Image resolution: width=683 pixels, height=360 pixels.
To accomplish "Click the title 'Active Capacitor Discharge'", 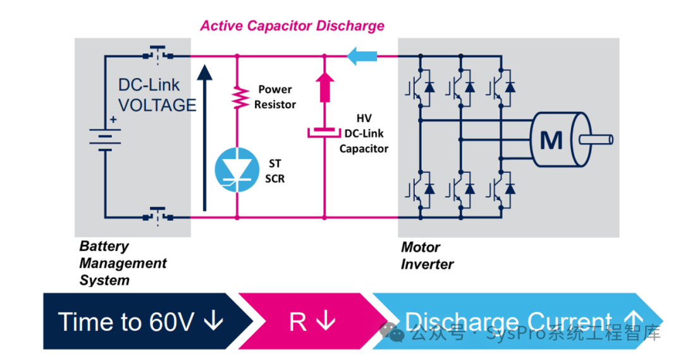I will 292,26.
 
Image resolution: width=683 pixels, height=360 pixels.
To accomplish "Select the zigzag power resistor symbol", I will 237,96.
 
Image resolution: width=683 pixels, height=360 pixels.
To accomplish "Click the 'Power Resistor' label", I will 275,97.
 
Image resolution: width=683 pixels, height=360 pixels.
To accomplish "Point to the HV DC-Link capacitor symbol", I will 324,133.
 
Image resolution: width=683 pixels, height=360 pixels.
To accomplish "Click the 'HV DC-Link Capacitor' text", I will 364,133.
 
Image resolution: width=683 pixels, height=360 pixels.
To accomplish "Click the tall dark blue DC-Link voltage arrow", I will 204,137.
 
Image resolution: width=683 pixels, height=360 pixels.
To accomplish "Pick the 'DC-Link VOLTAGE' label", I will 156,95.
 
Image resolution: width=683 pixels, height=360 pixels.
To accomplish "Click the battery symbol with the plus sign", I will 105,137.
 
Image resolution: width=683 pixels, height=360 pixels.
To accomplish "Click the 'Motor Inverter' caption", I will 427,256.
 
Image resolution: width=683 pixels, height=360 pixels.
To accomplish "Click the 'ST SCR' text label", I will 274,171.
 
